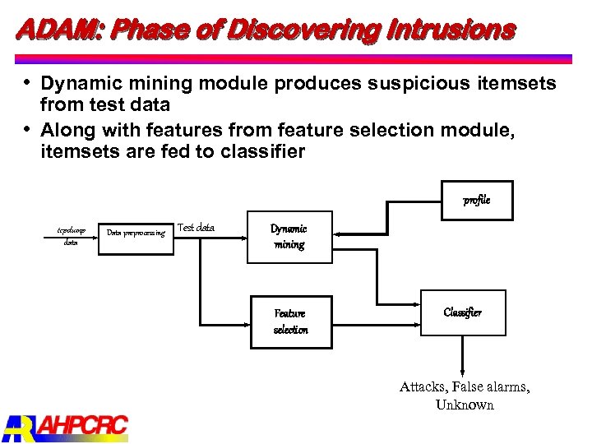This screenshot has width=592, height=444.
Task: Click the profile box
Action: [x=475, y=200]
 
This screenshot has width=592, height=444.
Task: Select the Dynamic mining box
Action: [x=289, y=236]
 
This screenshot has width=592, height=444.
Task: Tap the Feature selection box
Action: [x=290, y=321]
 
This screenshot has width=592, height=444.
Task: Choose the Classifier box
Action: [x=463, y=312]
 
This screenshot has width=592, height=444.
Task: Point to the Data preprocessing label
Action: [x=136, y=233]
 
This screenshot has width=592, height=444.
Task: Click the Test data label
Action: [x=196, y=228]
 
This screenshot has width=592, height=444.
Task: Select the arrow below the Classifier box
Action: [x=463, y=354]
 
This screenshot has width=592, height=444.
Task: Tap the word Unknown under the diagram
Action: [x=465, y=405]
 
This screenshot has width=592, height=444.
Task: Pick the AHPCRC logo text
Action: [x=83, y=426]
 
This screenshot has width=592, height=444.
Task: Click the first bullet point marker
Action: [x=28, y=83]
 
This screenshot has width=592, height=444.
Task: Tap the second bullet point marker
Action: [x=28, y=129]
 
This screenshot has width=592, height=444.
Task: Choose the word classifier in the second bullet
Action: [x=262, y=151]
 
